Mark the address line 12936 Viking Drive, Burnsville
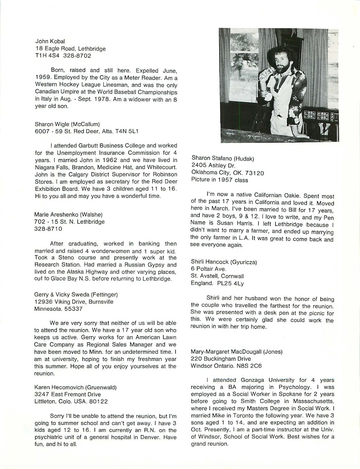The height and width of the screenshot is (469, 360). (x=74, y=301)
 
